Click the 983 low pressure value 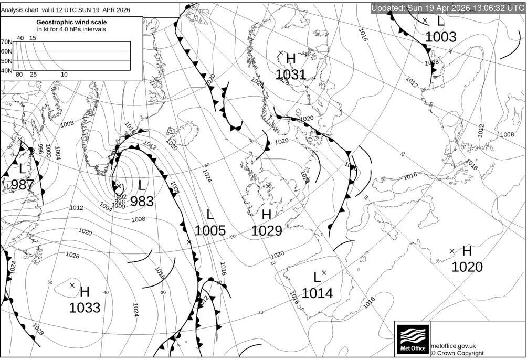(x=142, y=201)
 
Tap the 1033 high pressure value (x=85, y=308)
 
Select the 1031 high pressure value (x=290, y=75)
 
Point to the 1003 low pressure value (x=440, y=37)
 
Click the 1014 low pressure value (x=317, y=293)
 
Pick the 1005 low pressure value (x=210, y=230)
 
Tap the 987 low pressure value (x=22, y=185)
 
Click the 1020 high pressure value (x=467, y=267)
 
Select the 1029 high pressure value (x=267, y=231)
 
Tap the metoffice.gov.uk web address (x=453, y=346)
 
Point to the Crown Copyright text (x=457, y=353)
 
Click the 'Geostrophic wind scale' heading (x=71, y=22)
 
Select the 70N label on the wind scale (x=6, y=42)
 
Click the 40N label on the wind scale (x=6, y=70)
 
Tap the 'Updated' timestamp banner (x=448, y=8)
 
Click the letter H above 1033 (x=85, y=292)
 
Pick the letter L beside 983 (x=142, y=185)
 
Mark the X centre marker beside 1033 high (x=72, y=285)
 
